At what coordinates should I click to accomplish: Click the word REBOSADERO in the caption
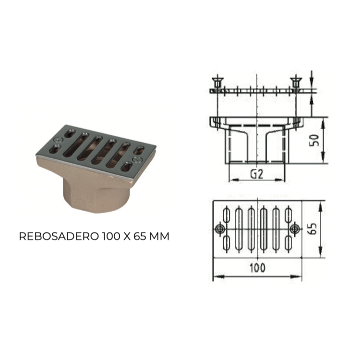(x=59, y=236)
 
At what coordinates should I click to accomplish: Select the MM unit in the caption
(x=159, y=236)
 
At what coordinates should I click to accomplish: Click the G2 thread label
(x=256, y=174)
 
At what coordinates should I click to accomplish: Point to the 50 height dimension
(x=314, y=140)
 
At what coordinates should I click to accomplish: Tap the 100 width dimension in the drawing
(x=257, y=268)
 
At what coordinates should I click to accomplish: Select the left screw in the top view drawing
(x=220, y=228)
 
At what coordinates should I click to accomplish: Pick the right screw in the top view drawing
(x=294, y=228)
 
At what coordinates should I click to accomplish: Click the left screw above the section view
(x=217, y=82)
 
